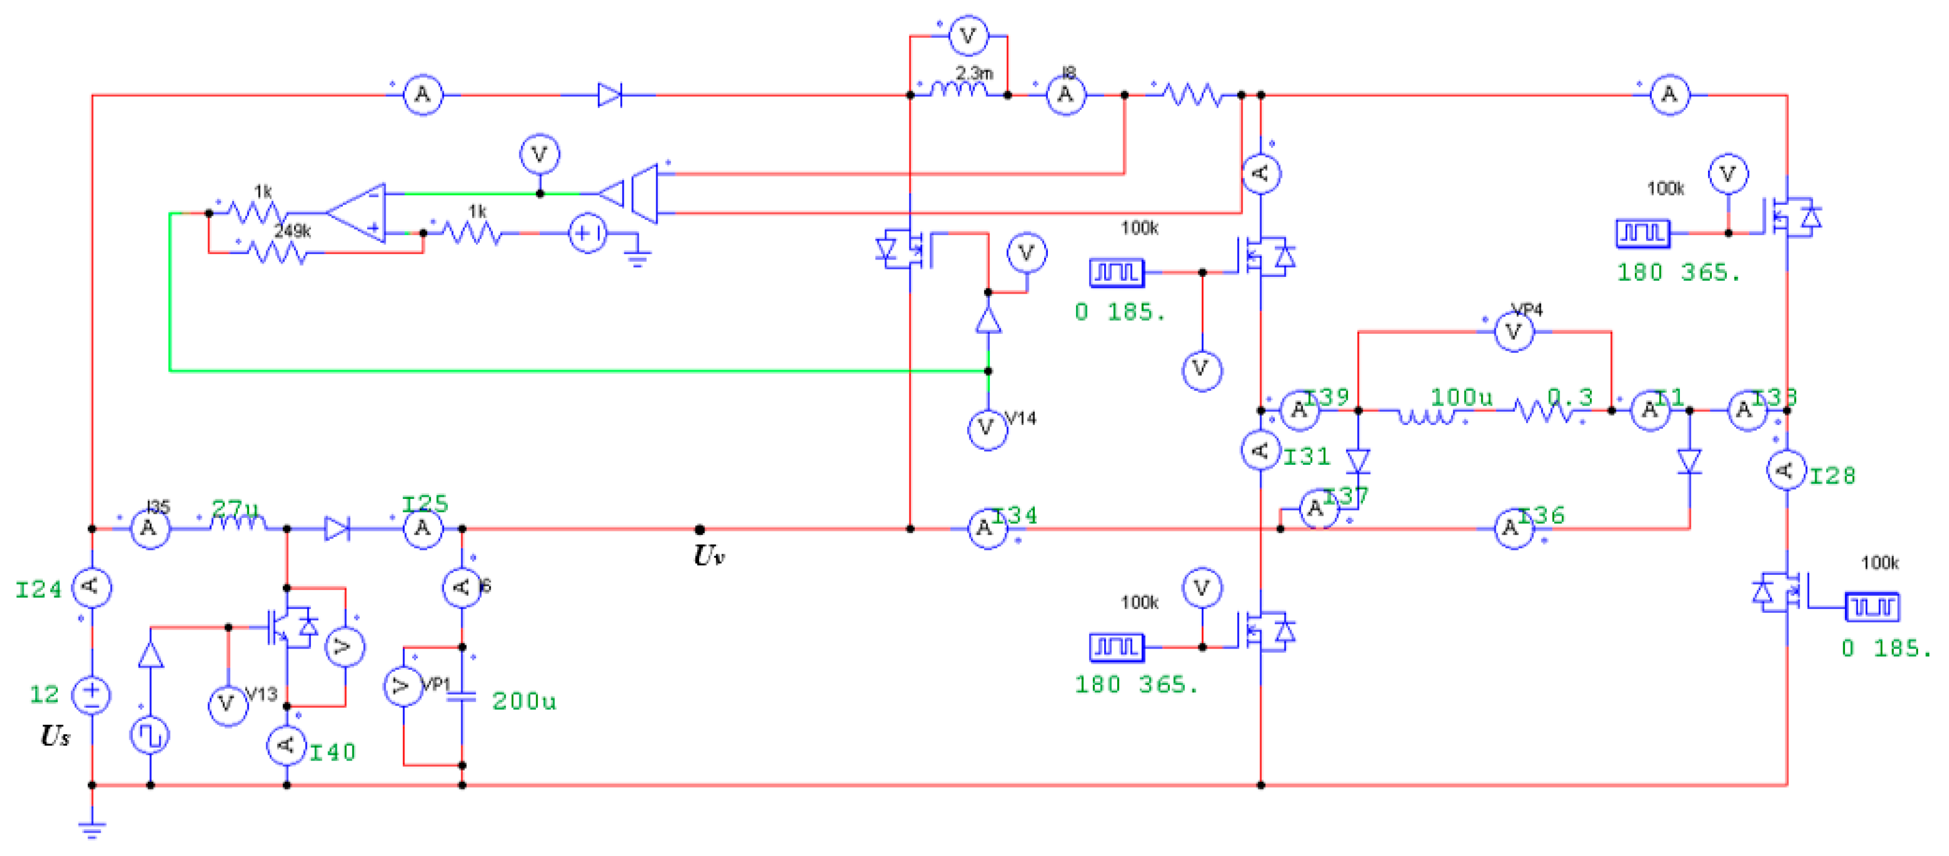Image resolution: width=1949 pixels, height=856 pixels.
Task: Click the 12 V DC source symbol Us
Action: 92,694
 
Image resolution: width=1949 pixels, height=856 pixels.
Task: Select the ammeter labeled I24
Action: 92,587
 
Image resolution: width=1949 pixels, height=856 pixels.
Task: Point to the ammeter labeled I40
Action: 287,745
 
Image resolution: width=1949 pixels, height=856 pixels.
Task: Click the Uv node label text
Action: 709,556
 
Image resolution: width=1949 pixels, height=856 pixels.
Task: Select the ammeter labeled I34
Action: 987,528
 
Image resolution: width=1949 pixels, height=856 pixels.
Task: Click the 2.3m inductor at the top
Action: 959,90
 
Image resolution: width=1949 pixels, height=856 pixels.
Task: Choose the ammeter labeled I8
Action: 1065,95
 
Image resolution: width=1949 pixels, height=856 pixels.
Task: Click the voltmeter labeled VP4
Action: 1513,332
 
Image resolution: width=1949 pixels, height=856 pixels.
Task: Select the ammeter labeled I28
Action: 1787,470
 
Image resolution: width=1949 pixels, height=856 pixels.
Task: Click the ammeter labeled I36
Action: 1513,528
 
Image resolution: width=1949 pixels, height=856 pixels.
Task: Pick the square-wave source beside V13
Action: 150,735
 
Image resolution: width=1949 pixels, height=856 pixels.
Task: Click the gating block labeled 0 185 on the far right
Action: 1872,606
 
